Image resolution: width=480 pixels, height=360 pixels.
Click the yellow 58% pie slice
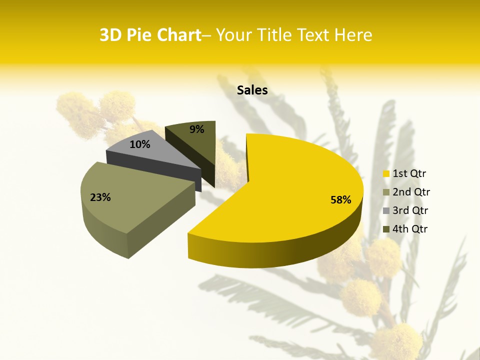click(295, 190)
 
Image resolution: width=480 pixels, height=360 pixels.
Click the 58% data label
click(341, 200)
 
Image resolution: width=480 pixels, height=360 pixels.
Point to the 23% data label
click(100, 197)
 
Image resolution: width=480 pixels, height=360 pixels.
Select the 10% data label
click(140, 144)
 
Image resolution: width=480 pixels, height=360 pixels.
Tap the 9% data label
click(197, 129)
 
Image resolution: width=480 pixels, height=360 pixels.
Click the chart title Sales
click(252, 90)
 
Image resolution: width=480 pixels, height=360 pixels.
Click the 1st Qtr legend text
click(409, 174)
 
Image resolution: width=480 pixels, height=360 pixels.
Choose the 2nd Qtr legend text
click(411, 192)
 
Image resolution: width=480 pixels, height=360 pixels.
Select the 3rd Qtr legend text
click(411, 210)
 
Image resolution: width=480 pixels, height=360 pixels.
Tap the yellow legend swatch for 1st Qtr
click(386, 174)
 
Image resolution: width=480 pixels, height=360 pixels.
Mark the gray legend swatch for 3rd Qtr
click(386, 210)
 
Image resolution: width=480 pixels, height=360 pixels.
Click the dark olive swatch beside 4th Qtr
click(386, 229)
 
